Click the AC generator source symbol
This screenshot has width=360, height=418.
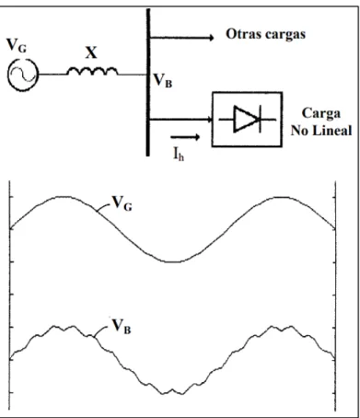pyautogui.click(x=23, y=75)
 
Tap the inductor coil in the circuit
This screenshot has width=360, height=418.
pyautogui.click(x=92, y=71)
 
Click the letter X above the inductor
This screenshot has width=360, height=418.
pyautogui.click(x=91, y=52)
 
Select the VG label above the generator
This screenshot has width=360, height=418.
pyautogui.click(x=17, y=45)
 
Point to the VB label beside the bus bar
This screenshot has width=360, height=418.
pyautogui.click(x=163, y=81)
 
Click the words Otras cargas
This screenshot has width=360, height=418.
pyautogui.click(x=266, y=34)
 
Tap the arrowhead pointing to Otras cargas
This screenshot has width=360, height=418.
pyautogui.click(x=212, y=38)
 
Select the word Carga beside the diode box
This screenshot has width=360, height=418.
pyautogui.click(x=321, y=114)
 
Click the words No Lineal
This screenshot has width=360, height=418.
pyautogui.click(x=321, y=131)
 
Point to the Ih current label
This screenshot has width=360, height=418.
pyautogui.click(x=179, y=154)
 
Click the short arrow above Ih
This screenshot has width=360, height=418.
pyautogui.click(x=185, y=137)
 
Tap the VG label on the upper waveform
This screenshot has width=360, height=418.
pyautogui.click(x=122, y=203)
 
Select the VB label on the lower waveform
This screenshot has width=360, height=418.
pyautogui.click(x=122, y=326)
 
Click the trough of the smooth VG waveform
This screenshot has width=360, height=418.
pyautogui.click(x=173, y=261)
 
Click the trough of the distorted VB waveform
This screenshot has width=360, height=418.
pyautogui.click(x=172, y=393)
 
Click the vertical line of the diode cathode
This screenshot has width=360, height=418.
pyautogui.click(x=261, y=119)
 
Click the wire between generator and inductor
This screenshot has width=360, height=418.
pyautogui.click(x=53, y=75)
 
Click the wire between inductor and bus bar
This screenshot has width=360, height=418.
pyautogui.click(x=132, y=75)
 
